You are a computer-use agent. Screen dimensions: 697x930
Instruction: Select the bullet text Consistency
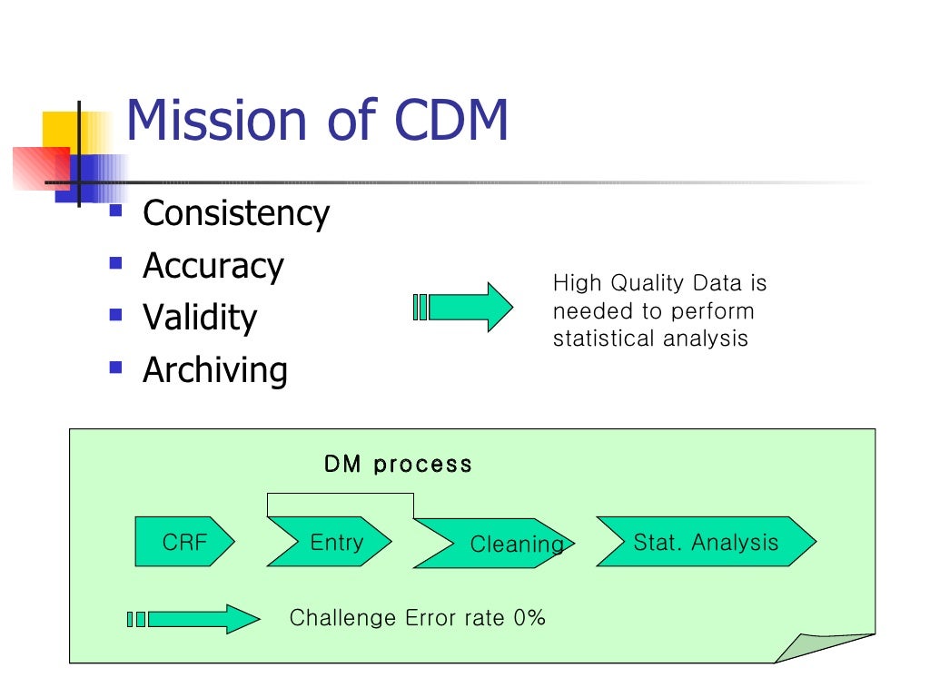point(236,214)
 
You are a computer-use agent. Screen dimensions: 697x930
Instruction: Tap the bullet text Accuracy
point(213,266)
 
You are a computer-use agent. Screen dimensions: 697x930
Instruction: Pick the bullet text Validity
point(200,318)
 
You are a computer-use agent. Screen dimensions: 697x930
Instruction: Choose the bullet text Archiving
point(215,370)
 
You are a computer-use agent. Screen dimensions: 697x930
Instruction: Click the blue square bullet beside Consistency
point(115,212)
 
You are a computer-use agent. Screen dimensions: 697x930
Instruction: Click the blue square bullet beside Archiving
point(115,368)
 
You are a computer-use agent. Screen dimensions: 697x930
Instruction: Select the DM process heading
point(398,464)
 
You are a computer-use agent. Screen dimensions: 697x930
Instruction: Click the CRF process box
point(184,542)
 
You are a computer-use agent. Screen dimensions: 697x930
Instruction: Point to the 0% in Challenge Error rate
point(529,618)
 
